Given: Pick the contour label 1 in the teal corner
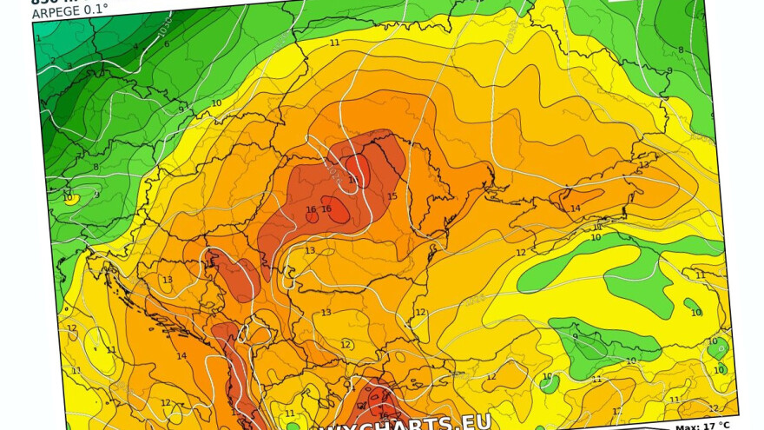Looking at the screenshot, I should point(38,38).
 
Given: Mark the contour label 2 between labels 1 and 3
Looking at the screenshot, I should point(52,61).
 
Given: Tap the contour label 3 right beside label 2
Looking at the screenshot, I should point(69,66).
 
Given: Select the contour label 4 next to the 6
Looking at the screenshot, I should point(135,47).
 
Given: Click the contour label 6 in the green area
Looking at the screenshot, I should point(167,43).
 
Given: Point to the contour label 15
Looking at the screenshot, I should point(392,197).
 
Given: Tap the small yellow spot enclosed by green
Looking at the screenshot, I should point(74,197).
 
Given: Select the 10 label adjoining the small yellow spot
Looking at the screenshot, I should point(67,198).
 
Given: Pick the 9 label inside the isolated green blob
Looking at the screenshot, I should point(575,337).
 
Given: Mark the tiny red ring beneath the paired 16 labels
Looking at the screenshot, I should point(311,218).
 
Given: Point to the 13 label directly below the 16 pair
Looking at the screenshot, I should point(310,250).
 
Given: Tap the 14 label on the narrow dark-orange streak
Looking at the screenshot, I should point(575,208).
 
